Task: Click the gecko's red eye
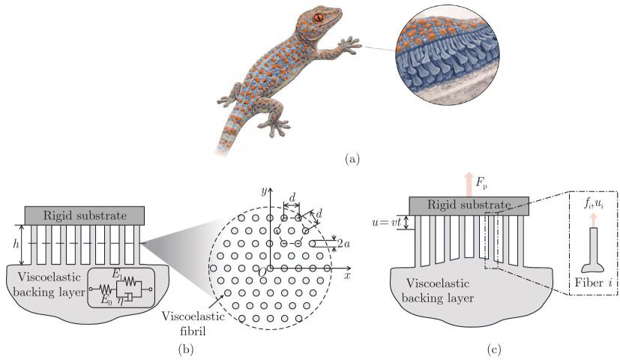click(319, 17)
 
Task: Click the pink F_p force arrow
click(469, 184)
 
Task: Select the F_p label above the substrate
click(481, 183)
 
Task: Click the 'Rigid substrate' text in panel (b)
click(85, 215)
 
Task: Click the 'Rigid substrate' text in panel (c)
click(469, 205)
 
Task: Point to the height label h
click(16, 244)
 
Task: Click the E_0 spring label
click(104, 300)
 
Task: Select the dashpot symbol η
click(119, 300)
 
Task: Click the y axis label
click(263, 191)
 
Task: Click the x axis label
click(347, 275)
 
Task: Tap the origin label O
click(262, 271)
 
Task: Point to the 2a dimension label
click(344, 243)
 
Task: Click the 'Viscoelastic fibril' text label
click(193, 323)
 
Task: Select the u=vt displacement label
click(387, 222)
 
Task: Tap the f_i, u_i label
click(594, 205)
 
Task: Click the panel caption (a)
click(352, 159)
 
